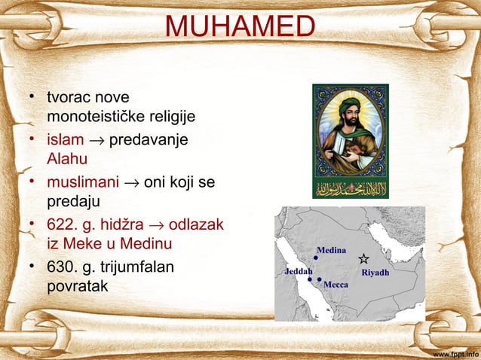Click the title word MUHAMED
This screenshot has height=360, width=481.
click(240, 26)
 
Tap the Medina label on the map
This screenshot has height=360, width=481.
click(331, 249)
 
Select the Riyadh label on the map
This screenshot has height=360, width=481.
click(375, 272)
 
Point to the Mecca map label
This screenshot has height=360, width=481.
click(335, 287)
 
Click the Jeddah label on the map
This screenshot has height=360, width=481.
click(297, 271)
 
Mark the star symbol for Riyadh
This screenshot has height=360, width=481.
click(363, 258)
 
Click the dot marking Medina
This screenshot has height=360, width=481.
click(316, 258)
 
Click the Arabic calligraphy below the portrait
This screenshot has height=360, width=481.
click(350, 188)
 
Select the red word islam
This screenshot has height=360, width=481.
click(65, 141)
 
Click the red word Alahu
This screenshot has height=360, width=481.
click(66, 159)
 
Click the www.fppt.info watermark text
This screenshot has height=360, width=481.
click(455, 352)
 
